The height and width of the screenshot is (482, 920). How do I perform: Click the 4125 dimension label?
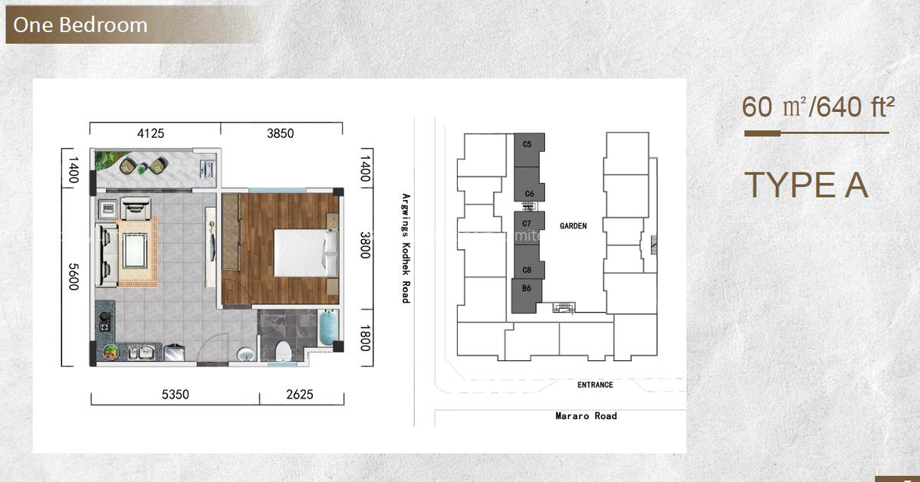click(151, 133)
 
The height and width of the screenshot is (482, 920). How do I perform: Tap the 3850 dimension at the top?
click(281, 133)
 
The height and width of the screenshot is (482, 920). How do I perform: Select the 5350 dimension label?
click(176, 395)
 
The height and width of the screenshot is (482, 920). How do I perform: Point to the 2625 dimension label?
click(301, 395)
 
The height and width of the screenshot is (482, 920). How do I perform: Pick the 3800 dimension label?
click(366, 245)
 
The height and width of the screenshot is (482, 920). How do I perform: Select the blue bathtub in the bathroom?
click(327, 329)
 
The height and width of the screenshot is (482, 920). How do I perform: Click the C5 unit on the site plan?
click(527, 144)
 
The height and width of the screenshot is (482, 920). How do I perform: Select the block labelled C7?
click(527, 224)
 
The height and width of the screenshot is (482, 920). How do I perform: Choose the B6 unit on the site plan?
click(527, 289)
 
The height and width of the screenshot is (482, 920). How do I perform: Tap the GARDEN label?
click(573, 226)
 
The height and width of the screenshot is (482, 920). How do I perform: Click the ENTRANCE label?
click(595, 385)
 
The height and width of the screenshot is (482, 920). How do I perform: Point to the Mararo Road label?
click(586, 416)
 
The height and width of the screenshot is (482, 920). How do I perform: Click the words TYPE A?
click(806, 185)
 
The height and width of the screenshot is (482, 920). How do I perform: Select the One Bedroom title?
click(80, 25)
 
